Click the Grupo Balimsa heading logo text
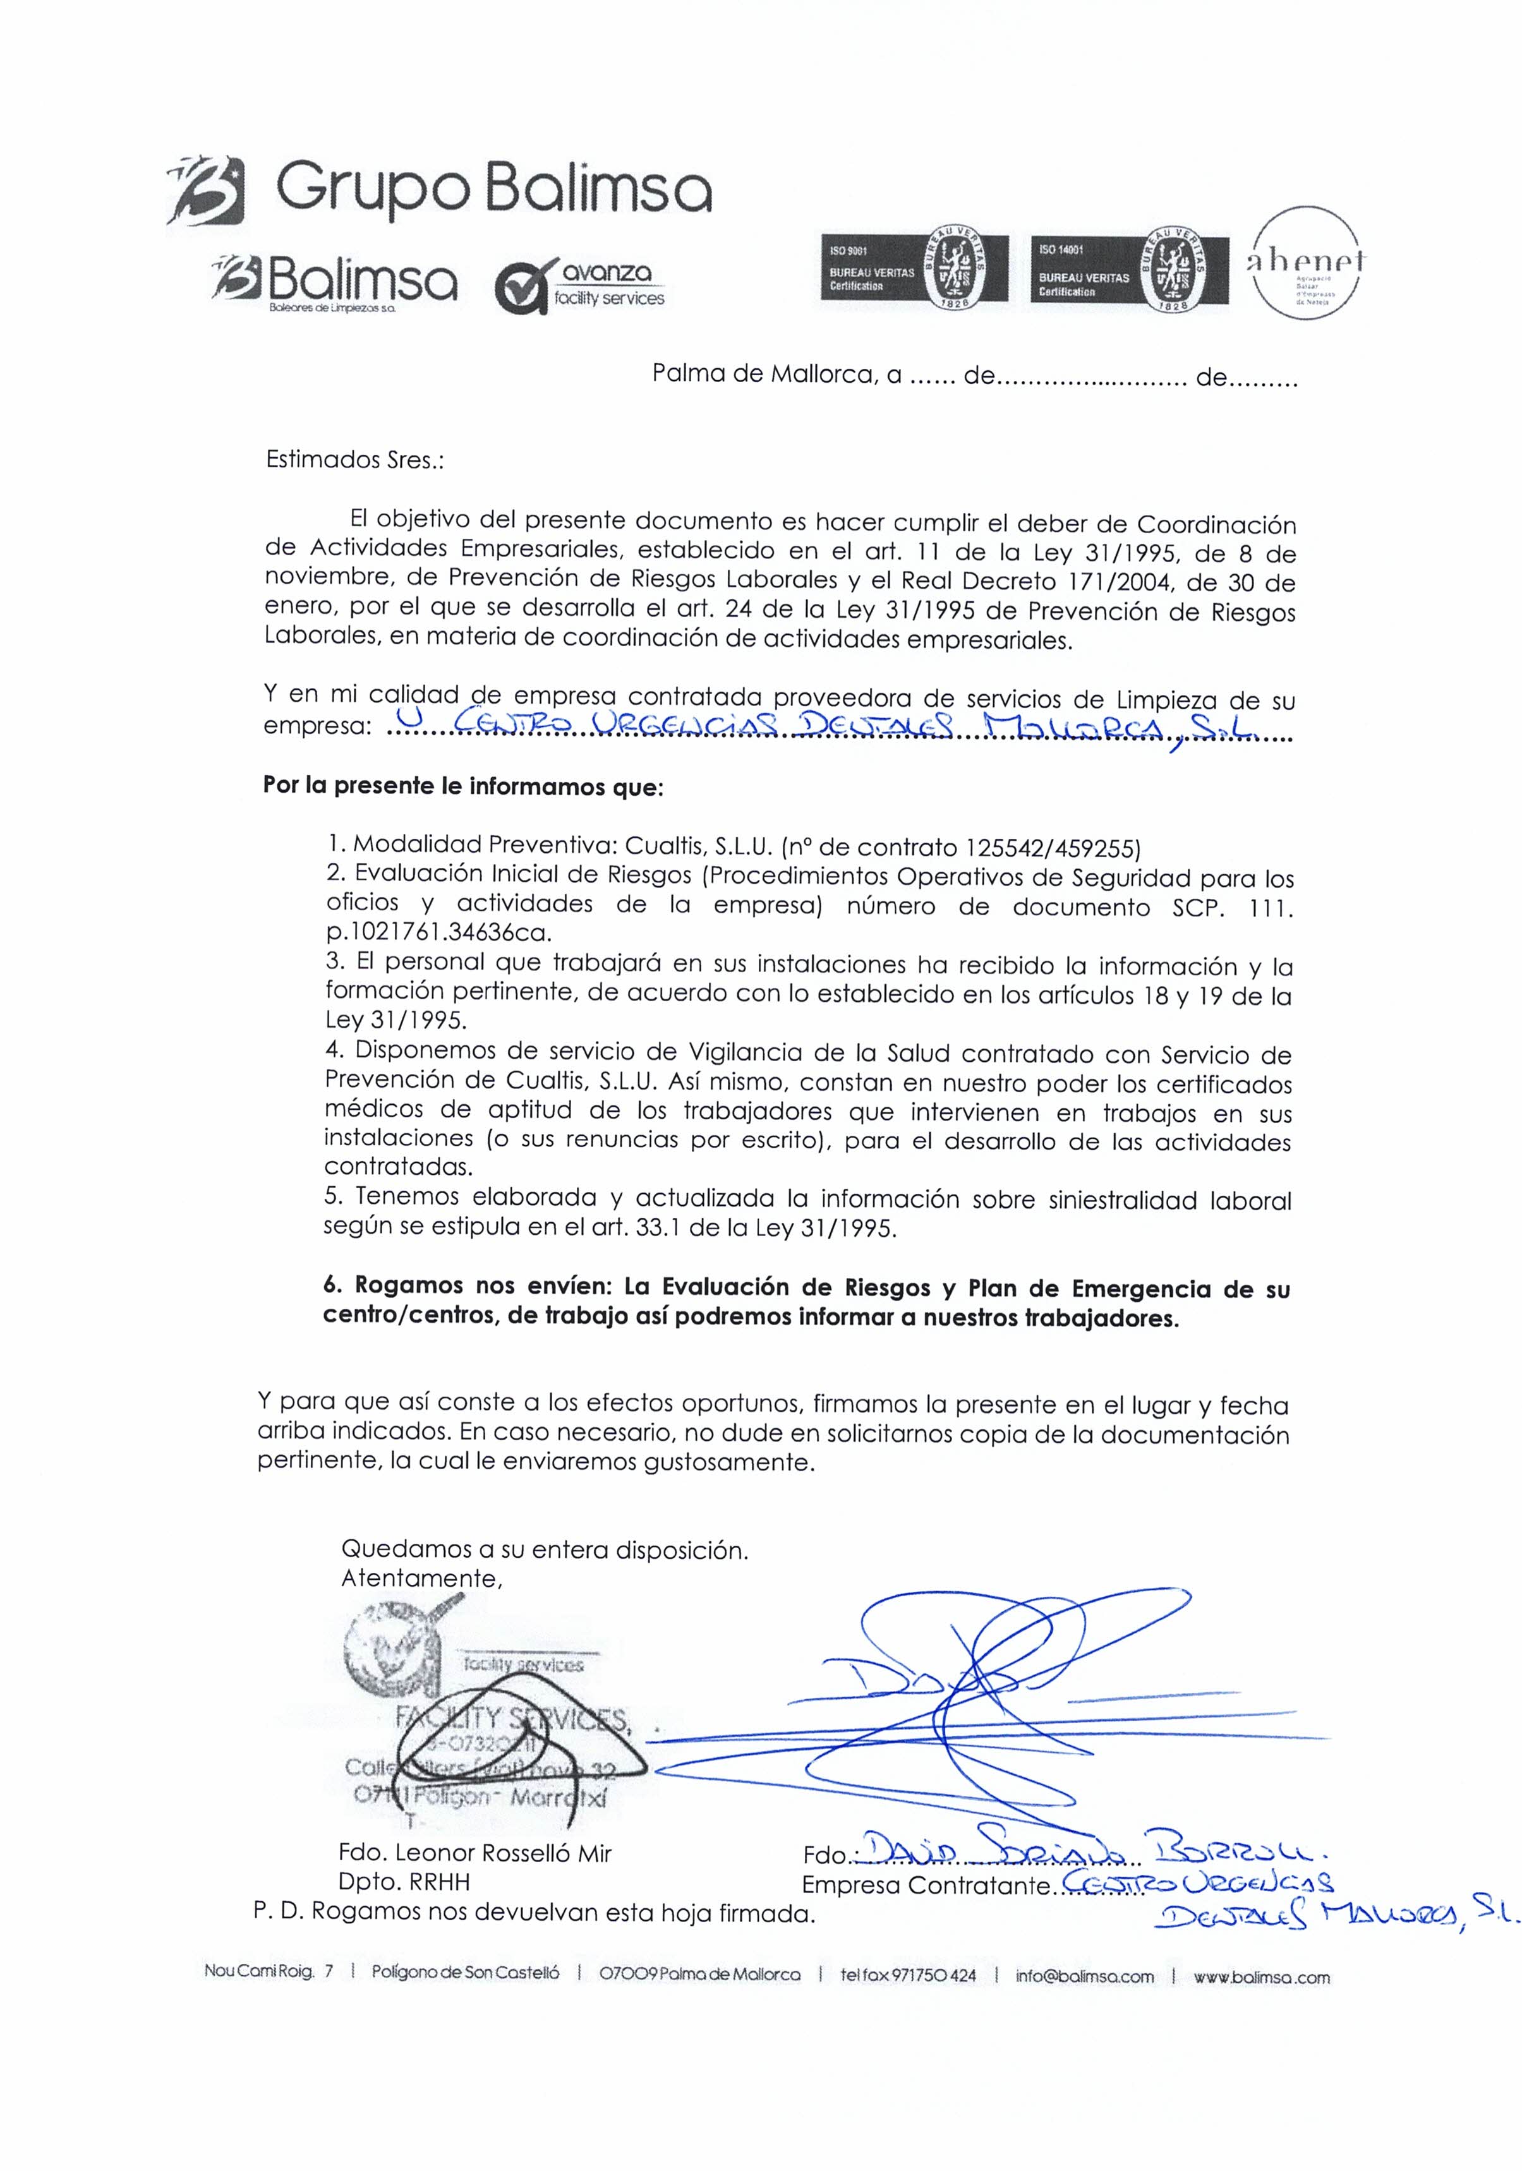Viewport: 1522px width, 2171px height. [x=492, y=192]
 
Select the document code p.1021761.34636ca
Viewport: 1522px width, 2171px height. [x=437, y=933]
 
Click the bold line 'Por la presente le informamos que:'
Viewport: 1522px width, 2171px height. [x=464, y=786]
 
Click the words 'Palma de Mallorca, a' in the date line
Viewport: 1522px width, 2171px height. [x=776, y=375]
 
